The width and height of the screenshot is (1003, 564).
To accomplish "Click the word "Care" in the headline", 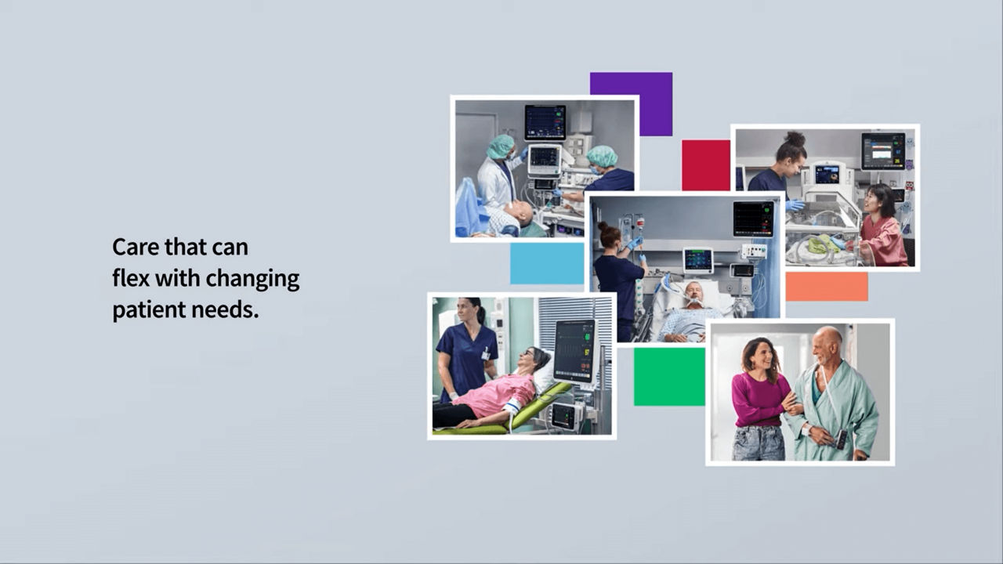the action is click(135, 247).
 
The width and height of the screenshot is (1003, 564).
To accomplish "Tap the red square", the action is click(706, 165).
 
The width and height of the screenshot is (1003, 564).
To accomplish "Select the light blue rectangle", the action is click(547, 263).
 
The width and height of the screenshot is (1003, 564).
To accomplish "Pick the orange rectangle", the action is click(827, 287).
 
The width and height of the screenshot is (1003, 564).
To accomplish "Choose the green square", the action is click(669, 377).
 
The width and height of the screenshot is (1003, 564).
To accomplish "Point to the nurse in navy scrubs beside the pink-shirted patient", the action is click(466, 349).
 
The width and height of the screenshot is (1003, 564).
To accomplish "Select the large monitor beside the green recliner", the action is click(575, 352).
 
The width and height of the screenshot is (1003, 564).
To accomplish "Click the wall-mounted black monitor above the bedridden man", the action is click(754, 219).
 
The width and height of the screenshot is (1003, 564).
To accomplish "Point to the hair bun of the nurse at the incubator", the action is click(795, 139).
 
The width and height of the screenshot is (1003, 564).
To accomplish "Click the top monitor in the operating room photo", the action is click(545, 123).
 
